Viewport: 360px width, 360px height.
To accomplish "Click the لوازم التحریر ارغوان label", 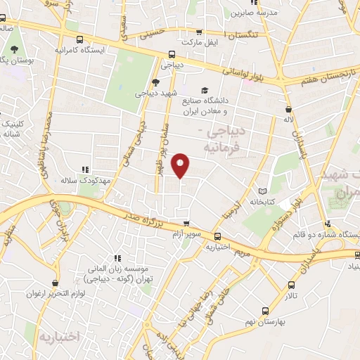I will [x=51, y=292].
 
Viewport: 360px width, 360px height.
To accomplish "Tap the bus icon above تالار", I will [x=292, y=285].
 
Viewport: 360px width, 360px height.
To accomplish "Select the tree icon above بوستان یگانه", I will [x=14, y=49].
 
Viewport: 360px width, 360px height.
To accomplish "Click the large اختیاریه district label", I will [x=62, y=335].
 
